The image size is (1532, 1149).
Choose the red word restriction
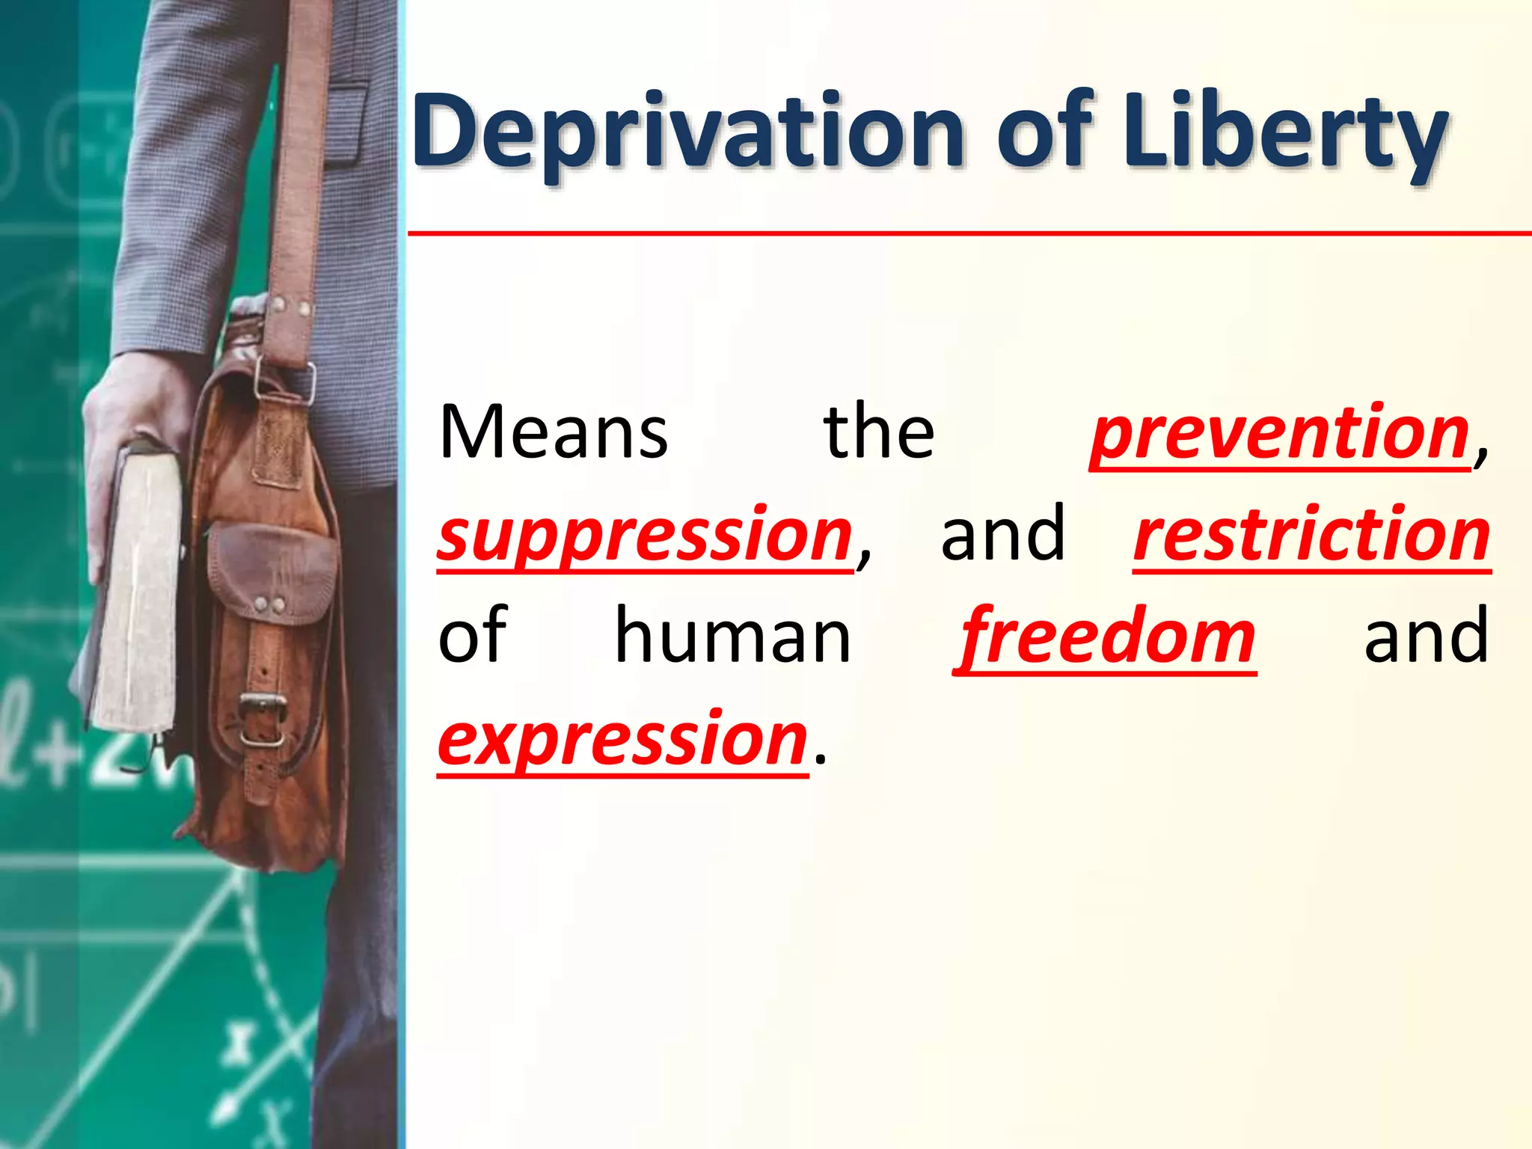coord(1311,536)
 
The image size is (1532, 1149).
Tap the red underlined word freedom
coord(1106,638)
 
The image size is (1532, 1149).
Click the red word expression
coord(622,741)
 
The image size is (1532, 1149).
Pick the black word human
coord(732,638)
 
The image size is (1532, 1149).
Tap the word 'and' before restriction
coord(1002,536)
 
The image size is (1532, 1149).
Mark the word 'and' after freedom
coord(1426,638)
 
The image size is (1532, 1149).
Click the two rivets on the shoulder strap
coord(292,307)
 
